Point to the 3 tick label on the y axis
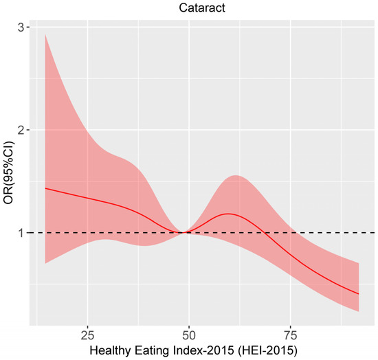tap(23, 27)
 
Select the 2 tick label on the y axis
tap(23, 130)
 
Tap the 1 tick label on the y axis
tap(23, 233)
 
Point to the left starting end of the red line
tap(45, 188)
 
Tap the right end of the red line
tap(359, 294)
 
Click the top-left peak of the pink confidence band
tap(45, 35)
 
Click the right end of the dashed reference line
tap(373, 233)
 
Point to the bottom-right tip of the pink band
tap(359, 311)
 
